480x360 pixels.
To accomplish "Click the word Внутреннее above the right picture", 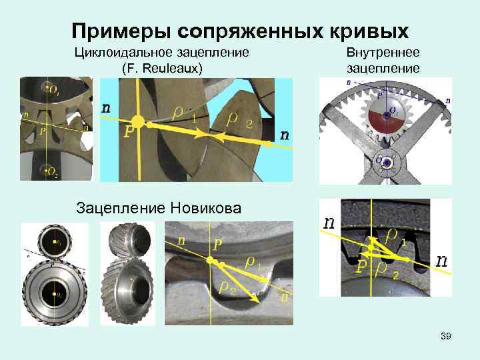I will click(383, 53).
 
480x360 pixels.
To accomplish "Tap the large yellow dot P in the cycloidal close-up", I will click(138, 121).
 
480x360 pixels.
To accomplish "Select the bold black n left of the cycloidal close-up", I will click(106, 107).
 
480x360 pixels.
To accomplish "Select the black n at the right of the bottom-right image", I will click(441, 260).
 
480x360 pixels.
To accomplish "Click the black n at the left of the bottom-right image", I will click(329, 223).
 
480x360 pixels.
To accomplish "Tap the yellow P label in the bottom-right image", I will click(361, 267).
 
